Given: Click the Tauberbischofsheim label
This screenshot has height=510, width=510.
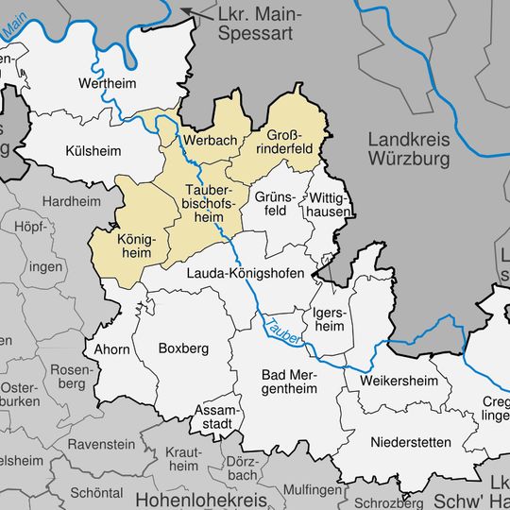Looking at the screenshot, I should click(x=208, y=206).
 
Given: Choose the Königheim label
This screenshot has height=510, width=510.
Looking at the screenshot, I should click(x=132, y=246).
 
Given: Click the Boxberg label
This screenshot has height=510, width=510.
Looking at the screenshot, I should click(x=181, y=348).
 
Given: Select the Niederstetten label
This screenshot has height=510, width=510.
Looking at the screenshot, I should click(x=411, y=442).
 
